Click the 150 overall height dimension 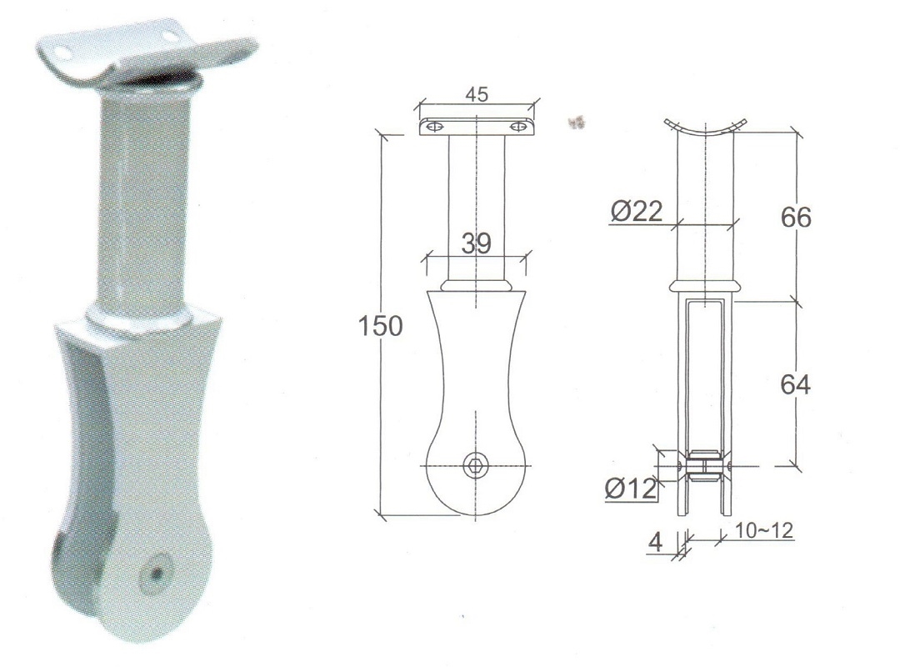coord(380,326)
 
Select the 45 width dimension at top coord(477,94)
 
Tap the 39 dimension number coord(476,244)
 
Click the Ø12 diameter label coord(631,489)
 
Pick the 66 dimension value coord(796,217)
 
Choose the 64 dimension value coord(795,384)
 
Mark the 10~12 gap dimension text coord(763,530)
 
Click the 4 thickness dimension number coord(655,542)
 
